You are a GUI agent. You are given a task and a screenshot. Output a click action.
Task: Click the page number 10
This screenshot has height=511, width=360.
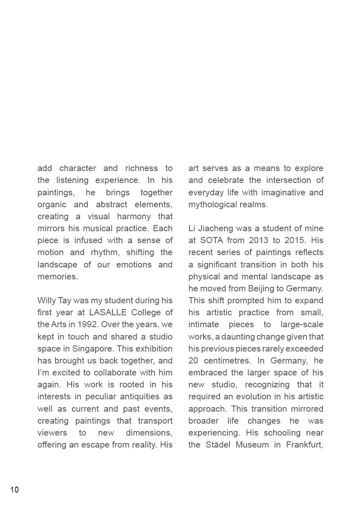(14, 490)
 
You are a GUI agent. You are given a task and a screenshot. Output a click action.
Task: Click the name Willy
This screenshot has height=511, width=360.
(46, 300)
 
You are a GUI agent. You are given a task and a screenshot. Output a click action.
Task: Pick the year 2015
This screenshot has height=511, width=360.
(296, 240)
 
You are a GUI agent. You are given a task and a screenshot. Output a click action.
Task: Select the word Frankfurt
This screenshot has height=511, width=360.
(304, 445)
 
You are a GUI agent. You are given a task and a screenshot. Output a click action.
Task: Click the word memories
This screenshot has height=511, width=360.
(57, 277)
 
